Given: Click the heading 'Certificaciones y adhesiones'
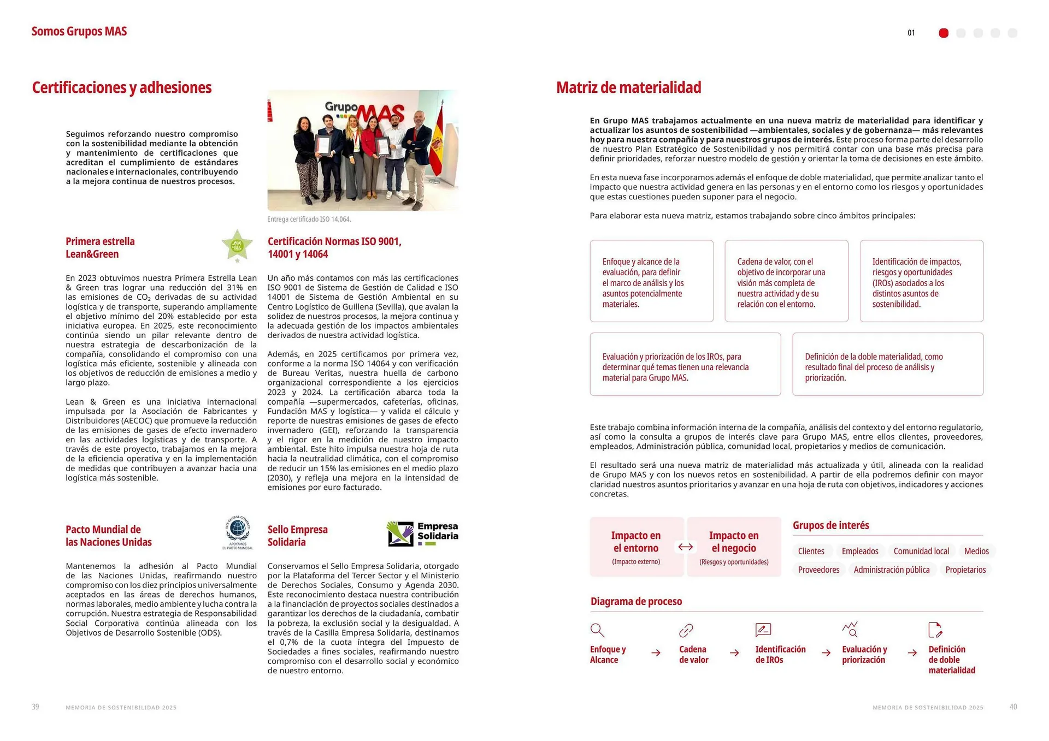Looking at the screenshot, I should click(x=122, y=87).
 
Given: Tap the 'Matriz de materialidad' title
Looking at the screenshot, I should click(x=628, y=87).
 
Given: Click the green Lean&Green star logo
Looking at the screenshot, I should click(x=237, y=245).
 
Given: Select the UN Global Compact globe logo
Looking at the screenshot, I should click(x=238, y=530).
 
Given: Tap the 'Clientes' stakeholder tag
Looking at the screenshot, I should click(x=811, y=551).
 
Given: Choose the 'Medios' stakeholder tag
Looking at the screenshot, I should click(x=976, y=551).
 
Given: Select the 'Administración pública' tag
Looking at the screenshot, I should click(x=891, y=570).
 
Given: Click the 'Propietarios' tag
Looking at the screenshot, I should click(x=965, y=570).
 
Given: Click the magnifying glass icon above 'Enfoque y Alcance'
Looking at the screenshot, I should click(x=597, y=630).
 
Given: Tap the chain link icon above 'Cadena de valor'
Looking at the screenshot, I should click(x=686, y=631).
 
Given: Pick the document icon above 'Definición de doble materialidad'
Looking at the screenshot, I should click(x=935, y=630).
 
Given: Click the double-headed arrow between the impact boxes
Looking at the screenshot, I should click(x=685, y=547).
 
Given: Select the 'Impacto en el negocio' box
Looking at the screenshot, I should click(x=734, y=547).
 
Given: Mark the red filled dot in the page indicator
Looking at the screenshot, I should click(x=944, y=33).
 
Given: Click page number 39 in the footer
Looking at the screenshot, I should click(x=36, y=707).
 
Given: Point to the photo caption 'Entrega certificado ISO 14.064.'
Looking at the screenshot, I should click(x=309, y=219).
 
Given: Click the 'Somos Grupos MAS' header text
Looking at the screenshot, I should click(x=79, y=31).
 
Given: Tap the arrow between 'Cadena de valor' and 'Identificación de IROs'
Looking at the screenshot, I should click(x=734, y=653).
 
